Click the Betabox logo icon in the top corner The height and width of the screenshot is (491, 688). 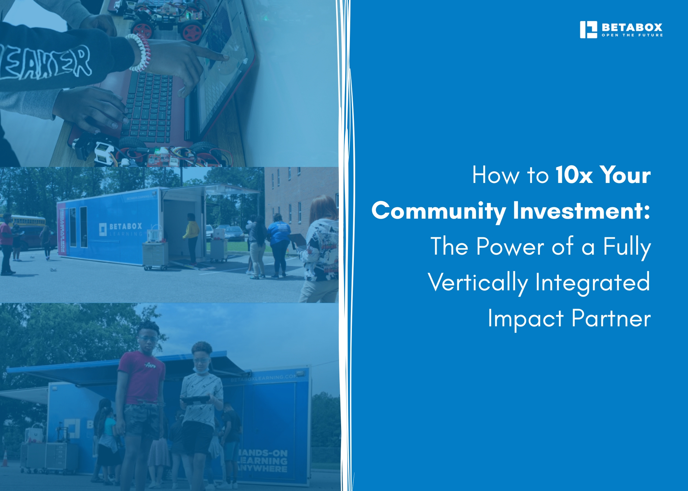588,30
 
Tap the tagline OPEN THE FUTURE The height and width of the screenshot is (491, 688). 632,35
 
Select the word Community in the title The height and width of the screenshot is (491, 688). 439,211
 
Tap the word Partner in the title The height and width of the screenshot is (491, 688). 611,318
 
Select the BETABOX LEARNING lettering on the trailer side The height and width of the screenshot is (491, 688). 121,229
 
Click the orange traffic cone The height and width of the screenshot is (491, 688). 5,458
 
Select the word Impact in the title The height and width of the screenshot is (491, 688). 526,318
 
